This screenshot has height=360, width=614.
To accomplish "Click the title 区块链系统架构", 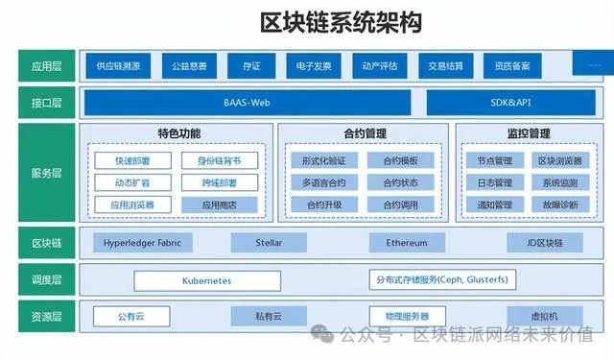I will coord(341,22).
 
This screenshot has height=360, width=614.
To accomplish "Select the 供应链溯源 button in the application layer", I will coord(118,66).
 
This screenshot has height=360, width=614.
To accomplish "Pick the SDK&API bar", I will coord(508,101).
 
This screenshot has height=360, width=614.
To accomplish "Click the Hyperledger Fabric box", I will coord(142,243).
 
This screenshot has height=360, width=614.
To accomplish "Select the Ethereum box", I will coord(407,243).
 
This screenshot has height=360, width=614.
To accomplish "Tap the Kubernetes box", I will coord(206,280).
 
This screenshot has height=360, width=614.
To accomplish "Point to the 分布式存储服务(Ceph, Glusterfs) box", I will coord(442,279).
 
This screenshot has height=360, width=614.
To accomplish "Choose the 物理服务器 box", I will coord(407,316).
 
